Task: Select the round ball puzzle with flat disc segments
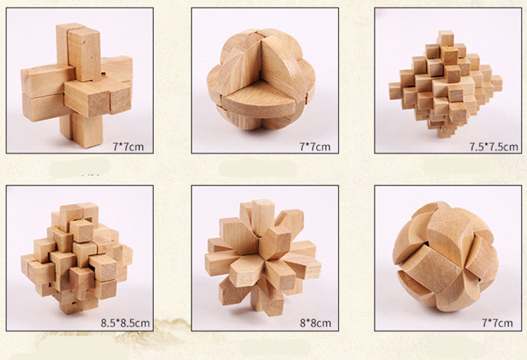coord(261,79)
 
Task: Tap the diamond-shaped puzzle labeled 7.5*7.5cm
coord(445,84)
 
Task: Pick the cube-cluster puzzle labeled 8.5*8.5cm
coord(77,258)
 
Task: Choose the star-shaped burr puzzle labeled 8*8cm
coord(263,257)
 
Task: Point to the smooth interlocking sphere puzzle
coord(445,257)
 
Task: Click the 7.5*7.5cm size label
coord(494,147)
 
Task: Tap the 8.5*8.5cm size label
coord(125,323)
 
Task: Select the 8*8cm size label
coord(315,323)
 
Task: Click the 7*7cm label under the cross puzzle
coord(128,147)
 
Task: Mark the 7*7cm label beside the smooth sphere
coord(497,323)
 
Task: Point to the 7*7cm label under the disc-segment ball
coord(315,147)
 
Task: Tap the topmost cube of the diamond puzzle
coord(445,38)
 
